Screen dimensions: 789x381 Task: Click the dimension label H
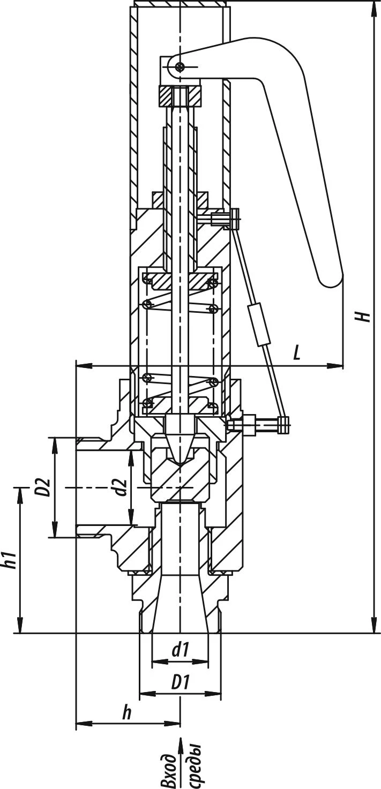coord(365,315)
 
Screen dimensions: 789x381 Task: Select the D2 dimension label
coord(45,487)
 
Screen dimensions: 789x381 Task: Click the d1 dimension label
coord(180,650)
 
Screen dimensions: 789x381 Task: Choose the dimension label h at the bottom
coord(126,713)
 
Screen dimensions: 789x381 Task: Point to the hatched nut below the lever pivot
coord(180,96)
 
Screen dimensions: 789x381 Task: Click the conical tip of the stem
coord(180,450)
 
